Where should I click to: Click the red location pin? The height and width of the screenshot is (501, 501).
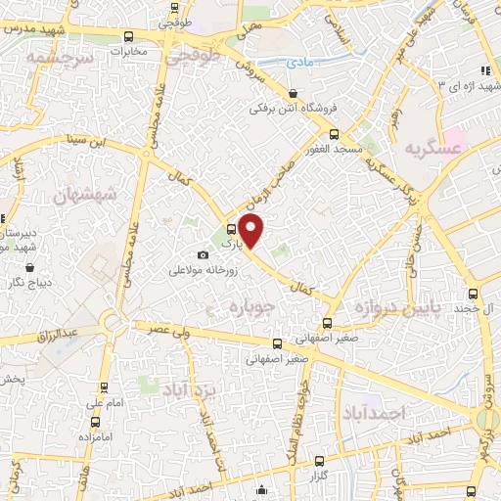pos(251,232)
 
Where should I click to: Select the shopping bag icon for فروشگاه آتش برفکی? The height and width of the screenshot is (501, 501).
pos(293,93)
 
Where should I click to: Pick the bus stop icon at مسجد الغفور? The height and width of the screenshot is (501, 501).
pos(334,134)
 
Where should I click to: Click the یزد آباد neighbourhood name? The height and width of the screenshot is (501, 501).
pos(191,377)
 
